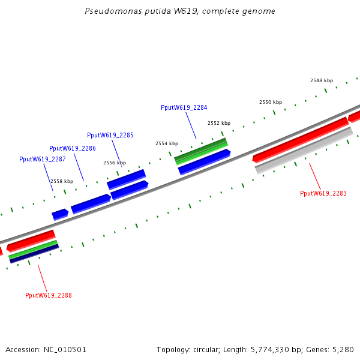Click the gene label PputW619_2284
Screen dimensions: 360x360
184,107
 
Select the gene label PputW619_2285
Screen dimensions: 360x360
110,135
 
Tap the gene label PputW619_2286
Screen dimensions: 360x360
72,148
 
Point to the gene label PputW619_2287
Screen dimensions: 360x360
42,159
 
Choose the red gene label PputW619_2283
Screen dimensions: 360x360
323,193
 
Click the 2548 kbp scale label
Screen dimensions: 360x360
321,80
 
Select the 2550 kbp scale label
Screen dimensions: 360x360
270,102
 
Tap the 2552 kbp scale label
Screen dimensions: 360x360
219,123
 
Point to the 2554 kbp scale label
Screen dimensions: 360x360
166,143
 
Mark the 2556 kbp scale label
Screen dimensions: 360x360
114,163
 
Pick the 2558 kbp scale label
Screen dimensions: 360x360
61,181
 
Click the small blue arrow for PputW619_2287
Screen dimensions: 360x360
59,214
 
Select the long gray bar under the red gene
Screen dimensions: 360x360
304,151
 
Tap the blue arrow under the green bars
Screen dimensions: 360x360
204,162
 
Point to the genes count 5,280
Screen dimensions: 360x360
343,349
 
